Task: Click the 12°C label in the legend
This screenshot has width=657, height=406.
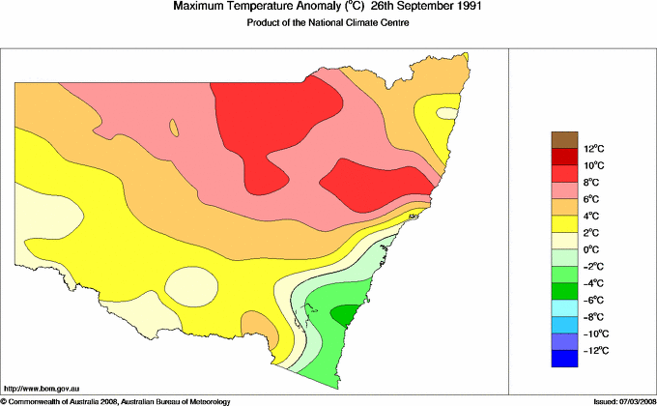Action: [x=593, y=149]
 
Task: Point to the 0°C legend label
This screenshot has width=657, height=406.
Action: [x=591, y=249]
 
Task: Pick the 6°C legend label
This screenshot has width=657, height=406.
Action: [x=591, y=199]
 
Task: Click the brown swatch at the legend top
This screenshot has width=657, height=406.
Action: [x=564, y=140]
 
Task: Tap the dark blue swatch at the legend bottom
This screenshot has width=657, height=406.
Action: [x=564, y=359]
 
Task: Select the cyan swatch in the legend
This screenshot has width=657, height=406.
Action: [x=564, y=307]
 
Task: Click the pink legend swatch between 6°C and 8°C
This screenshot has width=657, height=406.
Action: [x=564, y=190]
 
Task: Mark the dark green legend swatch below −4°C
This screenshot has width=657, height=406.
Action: [x=564, y=291]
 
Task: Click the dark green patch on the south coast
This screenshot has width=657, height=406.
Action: [x=343, y=314]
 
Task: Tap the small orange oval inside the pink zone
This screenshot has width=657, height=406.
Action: [x=174, y=128]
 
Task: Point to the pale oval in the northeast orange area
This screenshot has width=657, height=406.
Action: [x=445, y=113]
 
